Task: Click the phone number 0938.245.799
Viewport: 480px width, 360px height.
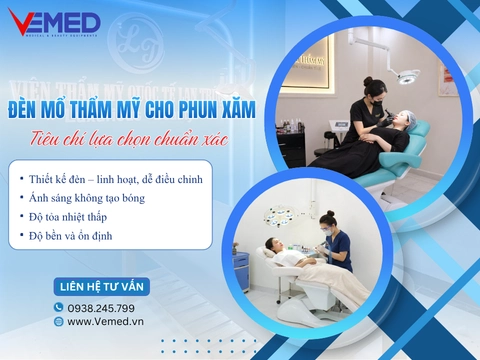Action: point(101,307)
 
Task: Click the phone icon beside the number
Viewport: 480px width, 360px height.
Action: point(59,307)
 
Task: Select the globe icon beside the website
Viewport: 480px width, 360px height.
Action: point(59,321)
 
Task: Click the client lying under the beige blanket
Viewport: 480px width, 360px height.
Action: point(330,280)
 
